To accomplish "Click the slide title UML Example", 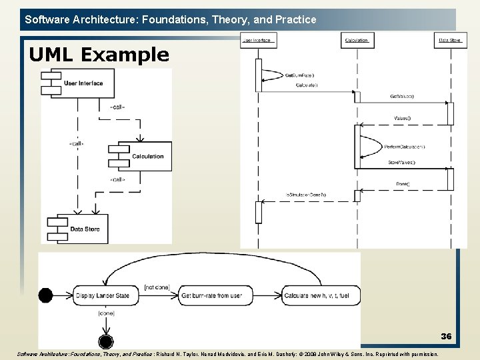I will click(x=99, y=55).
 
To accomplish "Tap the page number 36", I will click(x=445, y=337).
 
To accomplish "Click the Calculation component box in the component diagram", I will click(x=145, y=156).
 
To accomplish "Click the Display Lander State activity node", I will click(x=103, y=295).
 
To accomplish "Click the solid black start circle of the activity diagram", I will click(x=45, y=295).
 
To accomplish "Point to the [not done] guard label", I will click(x=157, y=287).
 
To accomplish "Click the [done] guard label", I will click(x=106, y=313).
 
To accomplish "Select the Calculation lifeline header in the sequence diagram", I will click(x=357, y=40).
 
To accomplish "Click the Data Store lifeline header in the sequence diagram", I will click(x=449, y=40).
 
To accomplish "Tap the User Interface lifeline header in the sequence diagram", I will click(x=258, y=40).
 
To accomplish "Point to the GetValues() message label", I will click(x=402, y=96).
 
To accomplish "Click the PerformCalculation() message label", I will click(x=405, y=147).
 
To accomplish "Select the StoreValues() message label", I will click(x=401, y=162).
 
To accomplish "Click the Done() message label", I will click(x=403, y=183).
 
